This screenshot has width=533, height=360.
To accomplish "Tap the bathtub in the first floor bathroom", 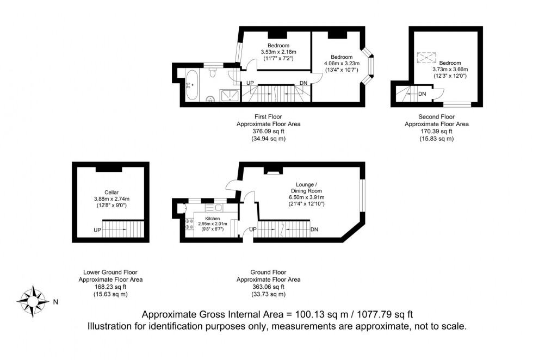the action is click(192, 85).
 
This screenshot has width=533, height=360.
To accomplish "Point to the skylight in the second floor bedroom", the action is click(427, 57).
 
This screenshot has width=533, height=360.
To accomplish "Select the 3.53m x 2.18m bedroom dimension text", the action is click(278, 52).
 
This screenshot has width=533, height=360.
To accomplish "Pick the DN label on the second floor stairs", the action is click(422, 94).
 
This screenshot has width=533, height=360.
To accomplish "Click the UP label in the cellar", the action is click(97, 230).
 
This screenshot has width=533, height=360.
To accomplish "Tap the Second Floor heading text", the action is click(436, 117).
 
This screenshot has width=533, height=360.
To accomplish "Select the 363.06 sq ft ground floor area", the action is click(268, 287).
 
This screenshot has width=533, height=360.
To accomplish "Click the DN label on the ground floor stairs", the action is click(314, 230).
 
